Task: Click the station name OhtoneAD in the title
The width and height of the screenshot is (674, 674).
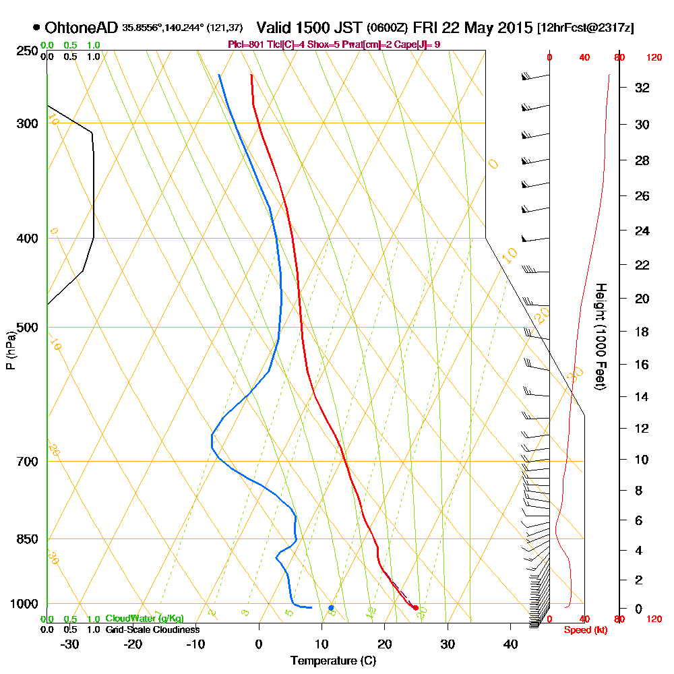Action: tap(82, 28)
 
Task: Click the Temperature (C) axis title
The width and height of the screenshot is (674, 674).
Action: tap(333, 661)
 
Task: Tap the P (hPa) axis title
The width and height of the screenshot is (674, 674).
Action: tap(10, 350)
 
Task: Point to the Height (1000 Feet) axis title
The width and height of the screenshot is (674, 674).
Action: tap(601, 336)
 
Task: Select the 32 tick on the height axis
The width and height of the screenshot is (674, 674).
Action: tap(642, 88)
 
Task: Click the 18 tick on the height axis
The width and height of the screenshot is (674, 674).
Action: tap(642, 332)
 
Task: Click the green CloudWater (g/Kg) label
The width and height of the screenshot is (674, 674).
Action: tap(144, 619)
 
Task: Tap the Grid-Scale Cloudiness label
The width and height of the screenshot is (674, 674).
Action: tap(152, 630)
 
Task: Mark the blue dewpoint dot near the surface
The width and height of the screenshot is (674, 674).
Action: tap(331, 608)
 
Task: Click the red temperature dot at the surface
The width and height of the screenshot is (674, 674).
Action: tap(415, 608)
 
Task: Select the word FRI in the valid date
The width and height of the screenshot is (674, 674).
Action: tap(426, 28)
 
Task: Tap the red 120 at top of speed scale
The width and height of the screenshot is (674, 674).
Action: tap(654, 58)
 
